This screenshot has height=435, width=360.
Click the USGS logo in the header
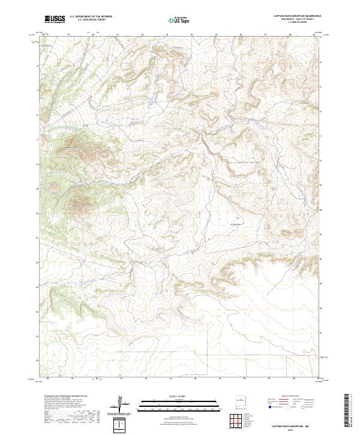[55, 20]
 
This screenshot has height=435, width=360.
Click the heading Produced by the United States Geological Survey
[65, 396]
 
